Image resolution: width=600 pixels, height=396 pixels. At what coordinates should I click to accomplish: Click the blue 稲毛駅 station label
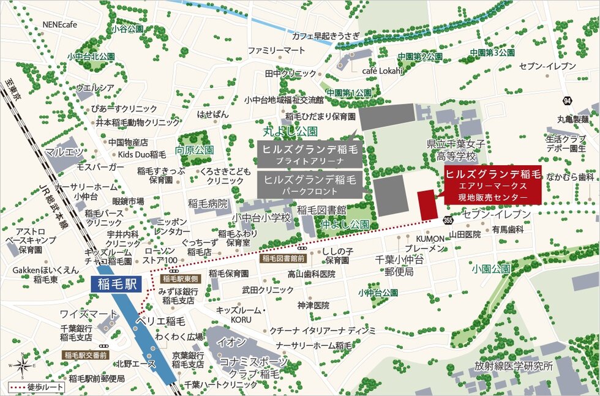(x=115, y=283)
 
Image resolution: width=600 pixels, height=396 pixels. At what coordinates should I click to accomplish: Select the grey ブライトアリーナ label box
(x=309, y=154)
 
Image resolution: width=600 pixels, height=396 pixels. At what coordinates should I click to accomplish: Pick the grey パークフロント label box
(x=309, y=185)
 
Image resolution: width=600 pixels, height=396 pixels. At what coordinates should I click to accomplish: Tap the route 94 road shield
(x=568, y=100)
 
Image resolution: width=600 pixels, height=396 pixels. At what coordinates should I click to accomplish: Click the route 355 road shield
(x=449, y=220)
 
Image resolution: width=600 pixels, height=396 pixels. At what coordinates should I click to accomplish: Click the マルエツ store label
(x=64, y=151)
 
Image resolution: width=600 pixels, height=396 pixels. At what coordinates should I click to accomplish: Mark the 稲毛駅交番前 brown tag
(x=86, y=354)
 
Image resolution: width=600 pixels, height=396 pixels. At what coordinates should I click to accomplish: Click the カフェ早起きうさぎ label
(x=325, y=35)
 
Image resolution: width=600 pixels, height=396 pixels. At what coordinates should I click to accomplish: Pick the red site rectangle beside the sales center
(x=427, y=204)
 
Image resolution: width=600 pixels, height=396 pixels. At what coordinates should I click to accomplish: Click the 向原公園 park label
(x=194, y=150)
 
